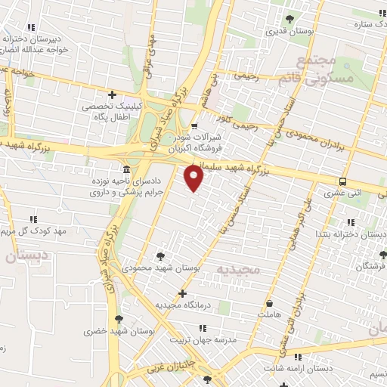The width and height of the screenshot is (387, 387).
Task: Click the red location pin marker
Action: [194, 178]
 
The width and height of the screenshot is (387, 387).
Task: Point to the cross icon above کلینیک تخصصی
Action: [112, 95]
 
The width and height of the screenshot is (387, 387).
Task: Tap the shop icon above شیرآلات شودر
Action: [194, 126]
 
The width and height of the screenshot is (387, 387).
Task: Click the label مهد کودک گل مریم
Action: [38, 230]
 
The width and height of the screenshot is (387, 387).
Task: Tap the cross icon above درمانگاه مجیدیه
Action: [182, 293]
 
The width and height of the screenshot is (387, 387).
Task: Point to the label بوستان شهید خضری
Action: [119, 331]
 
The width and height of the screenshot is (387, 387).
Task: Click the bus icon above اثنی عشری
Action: [343, 181]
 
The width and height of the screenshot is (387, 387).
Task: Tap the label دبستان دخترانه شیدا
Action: [348, 235]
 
